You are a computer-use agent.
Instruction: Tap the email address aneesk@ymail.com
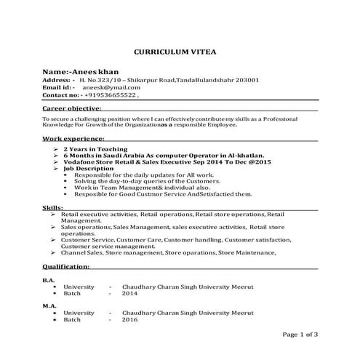(x=98, y=87)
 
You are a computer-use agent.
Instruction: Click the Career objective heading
(x=71, y=108)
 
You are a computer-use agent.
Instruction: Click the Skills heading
(x=52, y=209)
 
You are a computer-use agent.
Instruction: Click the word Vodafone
(x=84, y=161)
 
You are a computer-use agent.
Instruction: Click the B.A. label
(x=49, y=280)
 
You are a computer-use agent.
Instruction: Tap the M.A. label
(x=49, y=306)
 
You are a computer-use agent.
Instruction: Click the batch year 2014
(x=129, y=294)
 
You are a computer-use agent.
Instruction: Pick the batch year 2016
(x=129, y=320)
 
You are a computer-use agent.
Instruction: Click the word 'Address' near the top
(x=57, y=80)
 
